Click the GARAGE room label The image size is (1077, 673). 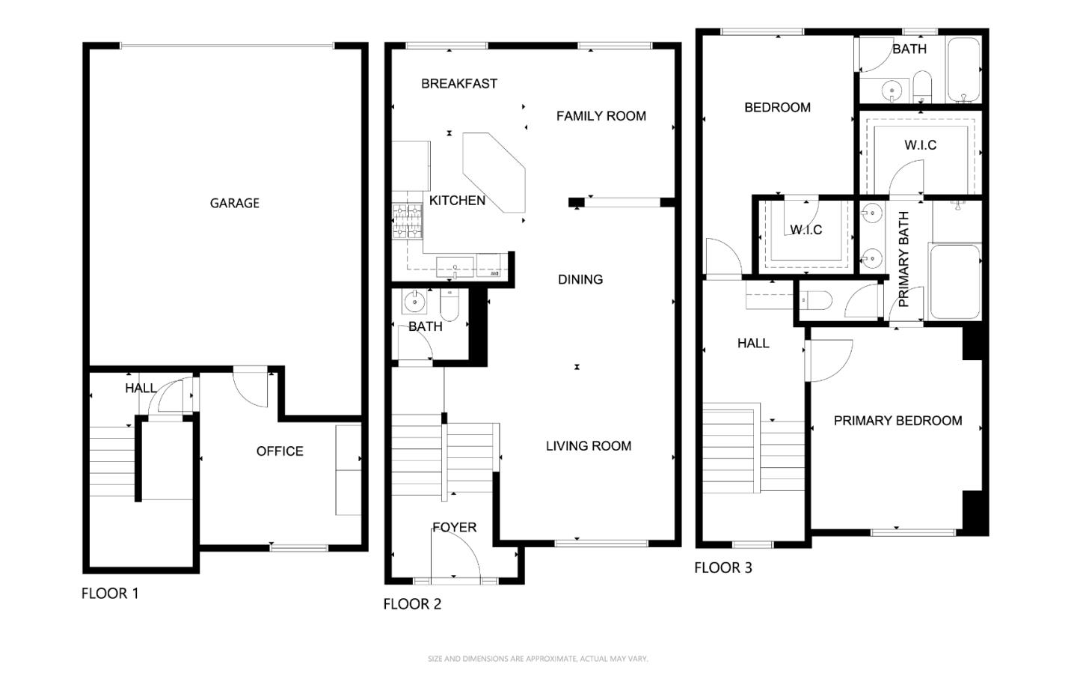point(235,203)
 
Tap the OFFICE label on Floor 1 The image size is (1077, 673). point(280,451)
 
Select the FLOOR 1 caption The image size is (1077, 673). point(110,594)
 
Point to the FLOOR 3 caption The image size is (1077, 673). point(723,568)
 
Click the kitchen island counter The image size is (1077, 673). point(494,172)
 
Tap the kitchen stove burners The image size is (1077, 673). point(407,221)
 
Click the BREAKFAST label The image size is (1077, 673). point(459,84)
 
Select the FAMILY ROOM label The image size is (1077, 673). point(601,116)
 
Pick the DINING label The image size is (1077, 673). point(580,279)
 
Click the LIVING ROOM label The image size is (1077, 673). point(589,445)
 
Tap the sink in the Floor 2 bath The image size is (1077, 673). point(414,302)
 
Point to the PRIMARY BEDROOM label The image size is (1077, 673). point(897,421)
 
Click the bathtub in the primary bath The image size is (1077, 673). point(955,281)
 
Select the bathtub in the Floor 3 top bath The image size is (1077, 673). point(963,70)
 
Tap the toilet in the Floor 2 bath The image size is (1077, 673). point(449,305)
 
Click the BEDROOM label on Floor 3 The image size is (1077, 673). point(778,107)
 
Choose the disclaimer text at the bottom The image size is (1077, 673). point(538,659)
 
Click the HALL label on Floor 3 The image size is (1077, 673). point(753,344)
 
